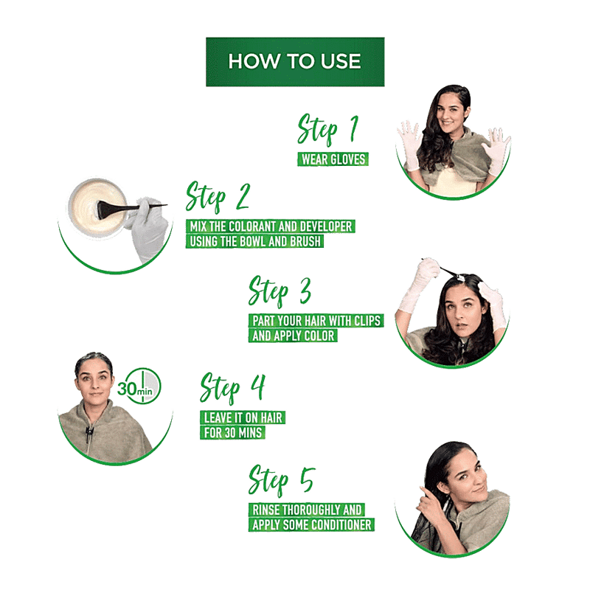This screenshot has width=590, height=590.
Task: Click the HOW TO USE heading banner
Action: point(295,62)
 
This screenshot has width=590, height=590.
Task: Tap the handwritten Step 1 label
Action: point(327,130)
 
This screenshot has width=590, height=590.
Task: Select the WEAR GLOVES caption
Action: point(333,159)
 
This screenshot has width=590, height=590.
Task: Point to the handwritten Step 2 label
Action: point(218,197)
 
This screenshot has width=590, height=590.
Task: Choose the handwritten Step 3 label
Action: point(280,291)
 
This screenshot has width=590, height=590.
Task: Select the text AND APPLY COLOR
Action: point(293,336)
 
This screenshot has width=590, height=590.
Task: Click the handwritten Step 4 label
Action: point(232,388)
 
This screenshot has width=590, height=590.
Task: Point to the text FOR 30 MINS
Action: point(233,433)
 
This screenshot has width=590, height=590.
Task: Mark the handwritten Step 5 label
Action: point(282,481)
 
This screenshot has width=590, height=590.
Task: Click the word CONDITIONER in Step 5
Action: point(338,524)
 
